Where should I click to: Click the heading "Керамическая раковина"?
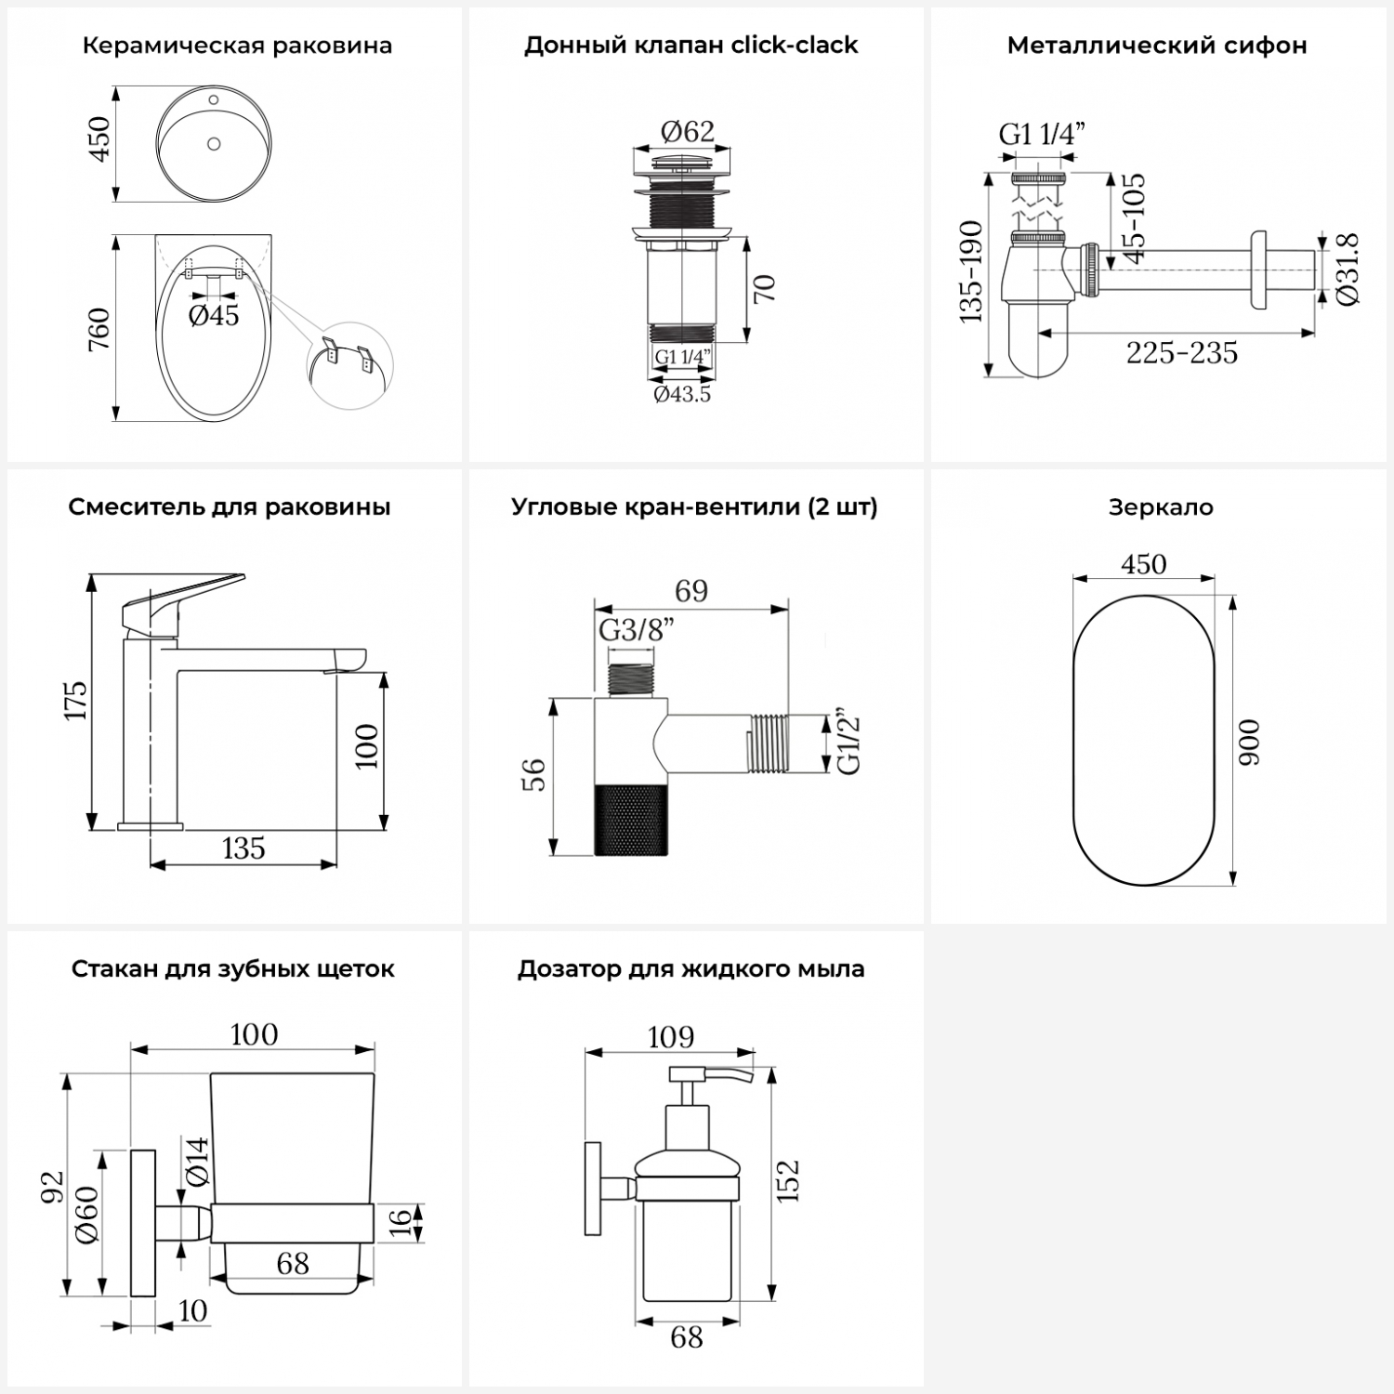[237, 46]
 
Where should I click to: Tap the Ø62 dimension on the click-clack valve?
[688, 132]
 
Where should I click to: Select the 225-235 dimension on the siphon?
[1182, 353]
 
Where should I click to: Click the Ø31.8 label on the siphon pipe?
[1348, 270]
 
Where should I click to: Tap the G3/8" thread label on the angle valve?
[636, 630]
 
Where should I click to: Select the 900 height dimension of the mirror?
[1251, 742]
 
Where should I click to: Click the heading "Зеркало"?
[1161, 507]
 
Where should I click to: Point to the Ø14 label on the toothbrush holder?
[197, 1161]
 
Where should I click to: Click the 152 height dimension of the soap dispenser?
[788, 1181]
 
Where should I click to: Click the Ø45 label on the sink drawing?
[214, 315]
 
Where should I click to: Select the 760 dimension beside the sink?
[99, 329]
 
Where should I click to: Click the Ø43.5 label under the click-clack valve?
[682, 394]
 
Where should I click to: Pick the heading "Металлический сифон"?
[1157, 46]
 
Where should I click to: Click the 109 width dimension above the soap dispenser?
[670, 1036]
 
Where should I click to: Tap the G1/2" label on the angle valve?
[848, 743]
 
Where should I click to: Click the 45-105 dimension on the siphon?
[1133, 218]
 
